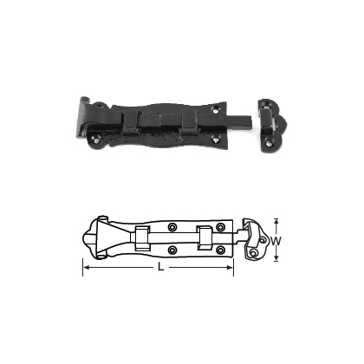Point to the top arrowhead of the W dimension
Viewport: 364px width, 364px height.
click(x=277, y=219)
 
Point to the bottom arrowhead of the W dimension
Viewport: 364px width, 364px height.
click(x=277, y=261)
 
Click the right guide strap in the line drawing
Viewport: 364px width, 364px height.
click(x=205, y=239)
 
